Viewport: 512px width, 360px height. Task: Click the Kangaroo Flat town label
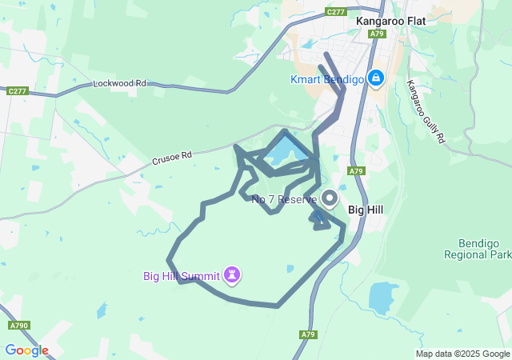390,22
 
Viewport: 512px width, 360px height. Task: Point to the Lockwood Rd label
120,83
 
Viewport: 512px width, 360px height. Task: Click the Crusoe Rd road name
172,160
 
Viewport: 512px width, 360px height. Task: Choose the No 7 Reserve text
284,199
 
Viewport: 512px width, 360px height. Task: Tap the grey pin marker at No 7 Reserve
330,197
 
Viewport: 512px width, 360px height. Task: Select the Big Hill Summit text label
182,277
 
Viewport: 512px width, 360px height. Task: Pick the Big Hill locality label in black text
368,210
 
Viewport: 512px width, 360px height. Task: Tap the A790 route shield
19,326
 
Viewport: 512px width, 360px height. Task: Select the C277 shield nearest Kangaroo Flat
336,12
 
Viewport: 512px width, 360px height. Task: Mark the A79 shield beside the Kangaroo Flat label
378,34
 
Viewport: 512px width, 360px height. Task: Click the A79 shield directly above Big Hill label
357,171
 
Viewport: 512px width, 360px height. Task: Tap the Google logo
26,350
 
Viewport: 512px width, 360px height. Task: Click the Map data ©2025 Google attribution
462,354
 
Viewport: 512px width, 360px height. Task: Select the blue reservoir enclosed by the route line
283,150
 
